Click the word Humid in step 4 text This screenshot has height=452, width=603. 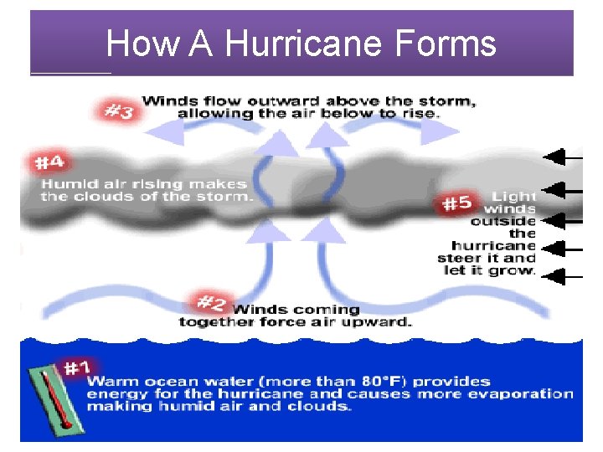tap(65, 183)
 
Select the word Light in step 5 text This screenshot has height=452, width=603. tap(515, 195)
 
